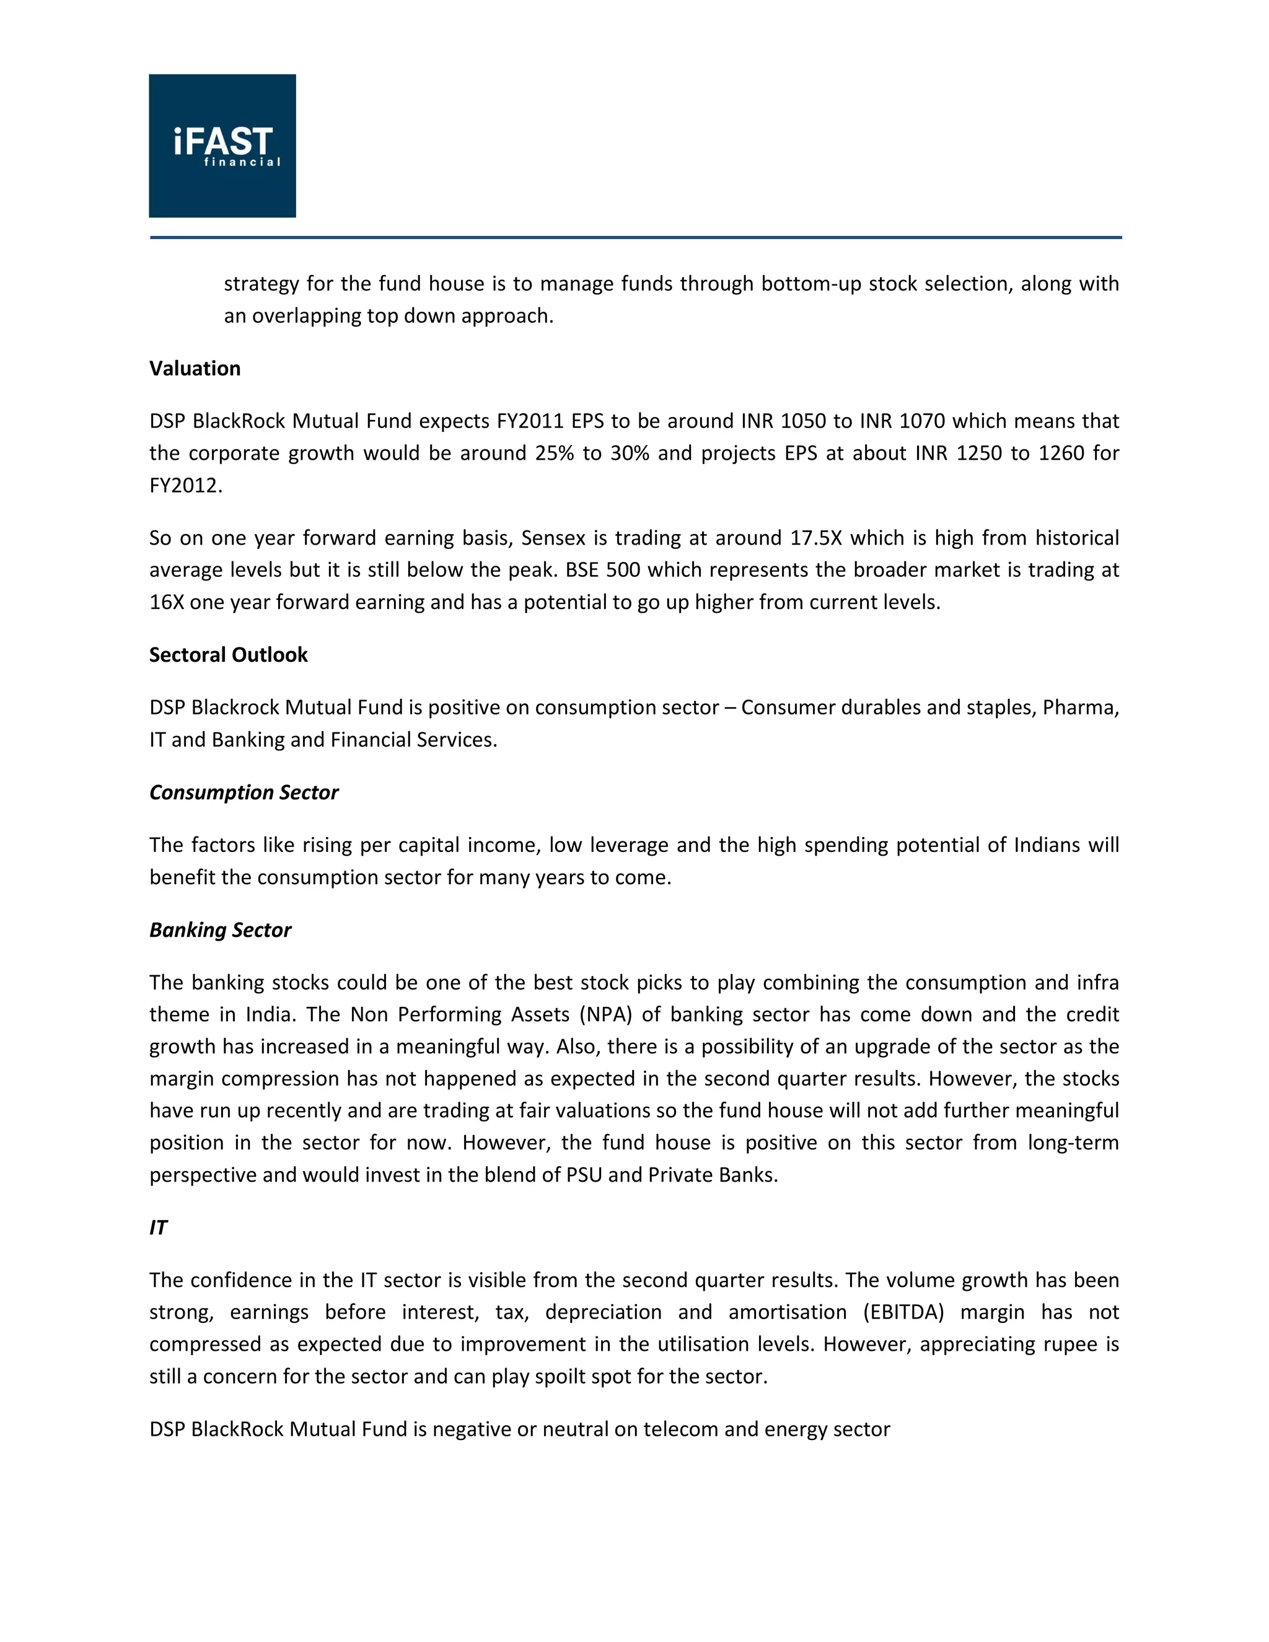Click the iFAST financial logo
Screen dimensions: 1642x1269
222,146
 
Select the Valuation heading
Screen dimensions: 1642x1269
195,369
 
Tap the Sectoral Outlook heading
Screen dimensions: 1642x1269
228,655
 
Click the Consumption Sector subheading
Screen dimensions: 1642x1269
244,792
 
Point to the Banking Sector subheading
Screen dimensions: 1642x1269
219,930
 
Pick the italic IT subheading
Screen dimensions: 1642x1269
158,1227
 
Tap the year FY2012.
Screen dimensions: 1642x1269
186,486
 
